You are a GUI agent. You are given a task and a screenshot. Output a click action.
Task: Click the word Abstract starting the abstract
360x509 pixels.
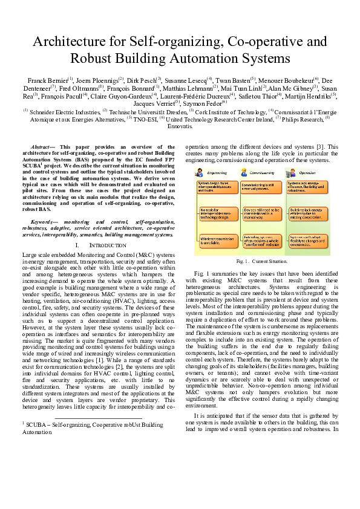click(x=42, y=147)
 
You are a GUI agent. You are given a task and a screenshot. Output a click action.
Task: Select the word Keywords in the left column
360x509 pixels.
click(x=44, y=222)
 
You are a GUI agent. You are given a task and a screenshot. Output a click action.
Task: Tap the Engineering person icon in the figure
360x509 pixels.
click(x=200, y=172)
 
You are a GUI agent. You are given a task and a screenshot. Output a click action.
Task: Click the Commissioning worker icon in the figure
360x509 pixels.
click(x=244, y=172)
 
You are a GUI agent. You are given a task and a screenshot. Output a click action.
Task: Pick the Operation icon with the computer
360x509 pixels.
click(x=291, y=172)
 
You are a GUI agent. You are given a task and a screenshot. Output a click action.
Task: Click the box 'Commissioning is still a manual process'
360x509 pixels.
click(x=261, y=186)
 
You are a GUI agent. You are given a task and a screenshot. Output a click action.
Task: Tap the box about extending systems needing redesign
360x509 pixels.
click(x=261, y=240)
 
